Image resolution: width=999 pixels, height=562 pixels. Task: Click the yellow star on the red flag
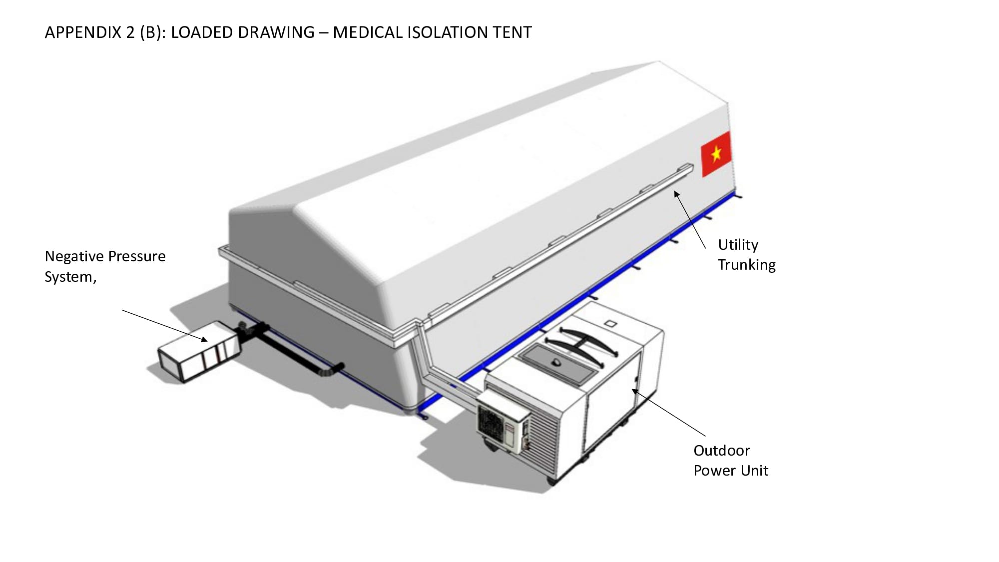click(717, 153)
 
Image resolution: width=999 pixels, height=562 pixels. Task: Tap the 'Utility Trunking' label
click(746, 255)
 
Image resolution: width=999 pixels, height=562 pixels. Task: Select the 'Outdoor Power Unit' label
click(730, 461)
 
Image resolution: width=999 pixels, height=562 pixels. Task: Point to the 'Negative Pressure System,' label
click(104, 266)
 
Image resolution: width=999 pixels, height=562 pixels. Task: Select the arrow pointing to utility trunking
click(690, 219)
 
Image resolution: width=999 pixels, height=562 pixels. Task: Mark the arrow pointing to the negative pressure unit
click(165, 325)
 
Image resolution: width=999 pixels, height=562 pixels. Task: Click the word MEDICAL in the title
click(368, 32)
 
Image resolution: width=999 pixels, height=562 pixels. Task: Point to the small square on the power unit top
click(610, 324)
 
